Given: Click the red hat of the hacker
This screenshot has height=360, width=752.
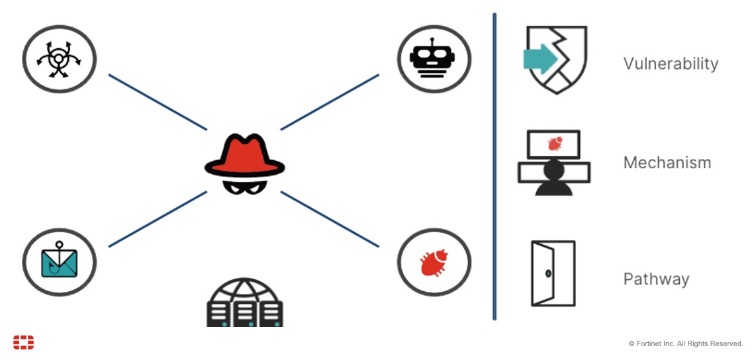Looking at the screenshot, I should [244, 154].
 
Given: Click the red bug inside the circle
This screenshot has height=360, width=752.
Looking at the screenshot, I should [434, 262].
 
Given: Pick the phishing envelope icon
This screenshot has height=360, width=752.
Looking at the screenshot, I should [59, 263].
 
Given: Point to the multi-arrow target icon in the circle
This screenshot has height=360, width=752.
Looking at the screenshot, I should [59, 59].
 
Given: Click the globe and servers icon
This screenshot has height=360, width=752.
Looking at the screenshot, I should [244, 302].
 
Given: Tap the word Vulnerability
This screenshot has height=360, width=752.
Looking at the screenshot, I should [671, 64].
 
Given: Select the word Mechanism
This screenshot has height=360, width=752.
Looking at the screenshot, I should [667, 162].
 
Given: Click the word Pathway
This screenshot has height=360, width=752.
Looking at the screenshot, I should [656, 279].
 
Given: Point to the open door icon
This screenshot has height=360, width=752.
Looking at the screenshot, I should [553, 273].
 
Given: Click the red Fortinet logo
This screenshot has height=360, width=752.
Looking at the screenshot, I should [23, 342].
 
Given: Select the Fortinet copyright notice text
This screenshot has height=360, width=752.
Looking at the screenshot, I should [686, 343].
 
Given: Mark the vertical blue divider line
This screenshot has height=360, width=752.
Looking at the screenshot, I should [494, 165].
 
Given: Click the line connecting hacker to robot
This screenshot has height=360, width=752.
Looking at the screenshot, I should [330, 102].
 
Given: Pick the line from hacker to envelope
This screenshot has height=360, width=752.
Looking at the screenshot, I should [158, 219].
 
